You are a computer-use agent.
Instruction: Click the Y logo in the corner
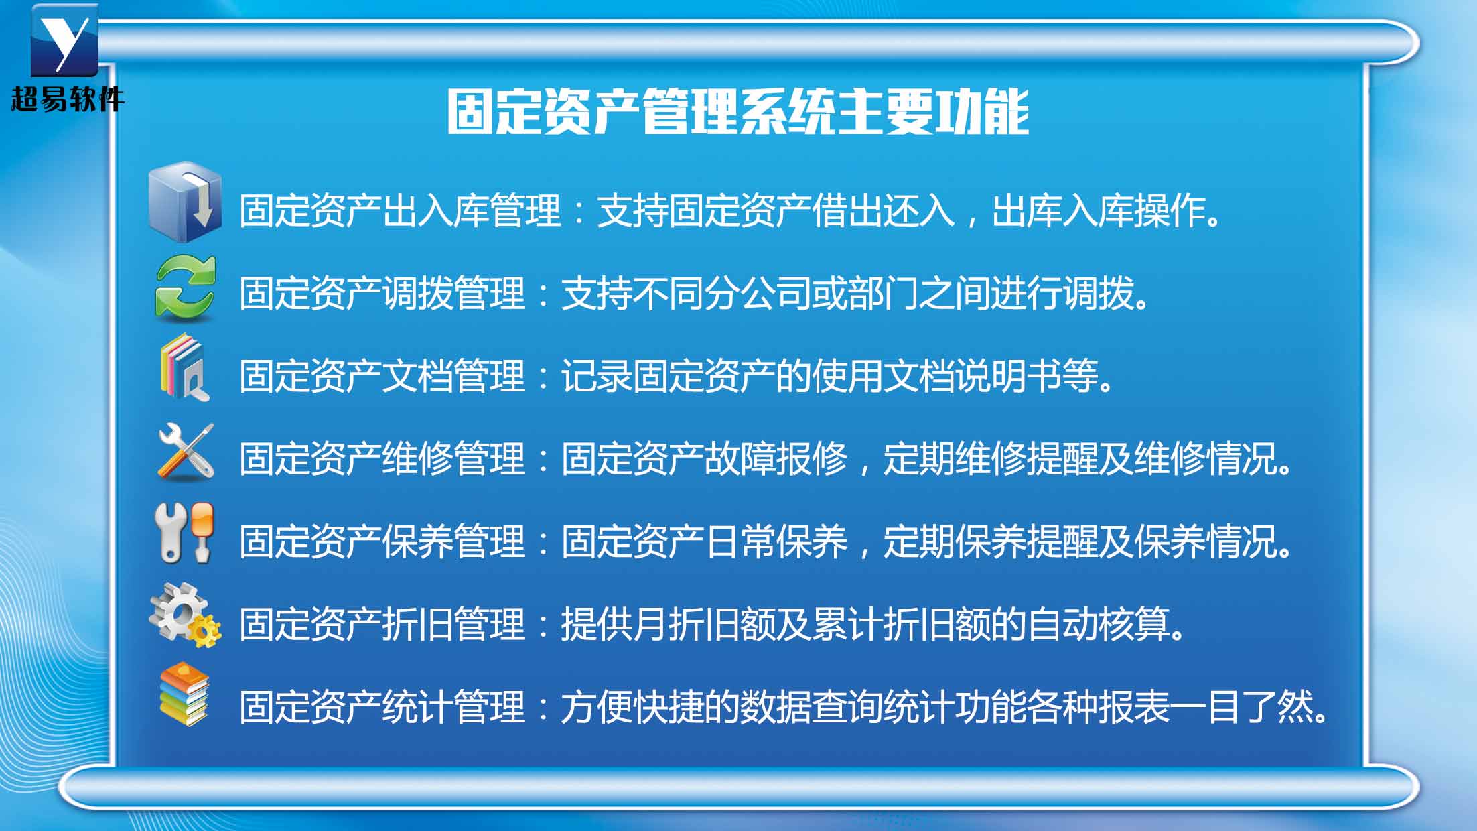click(64, 40)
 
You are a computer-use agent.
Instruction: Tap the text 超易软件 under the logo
click(68, 99)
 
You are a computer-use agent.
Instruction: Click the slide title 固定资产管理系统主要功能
click(738, 112)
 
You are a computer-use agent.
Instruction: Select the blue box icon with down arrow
click(185, 201)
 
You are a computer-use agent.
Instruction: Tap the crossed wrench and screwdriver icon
click(186, 452)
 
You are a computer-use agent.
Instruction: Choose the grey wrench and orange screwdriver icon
click(185, 532)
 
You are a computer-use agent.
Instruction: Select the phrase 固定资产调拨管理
click(382, 293)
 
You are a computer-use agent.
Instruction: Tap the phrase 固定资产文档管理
click(382, 375)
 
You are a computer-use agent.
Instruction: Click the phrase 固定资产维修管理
click(382, 458)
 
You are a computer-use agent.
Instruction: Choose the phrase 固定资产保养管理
click(382, 541)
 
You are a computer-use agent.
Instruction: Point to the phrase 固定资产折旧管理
click(382, 624)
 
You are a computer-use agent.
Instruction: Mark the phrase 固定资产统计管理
click(382, 707)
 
